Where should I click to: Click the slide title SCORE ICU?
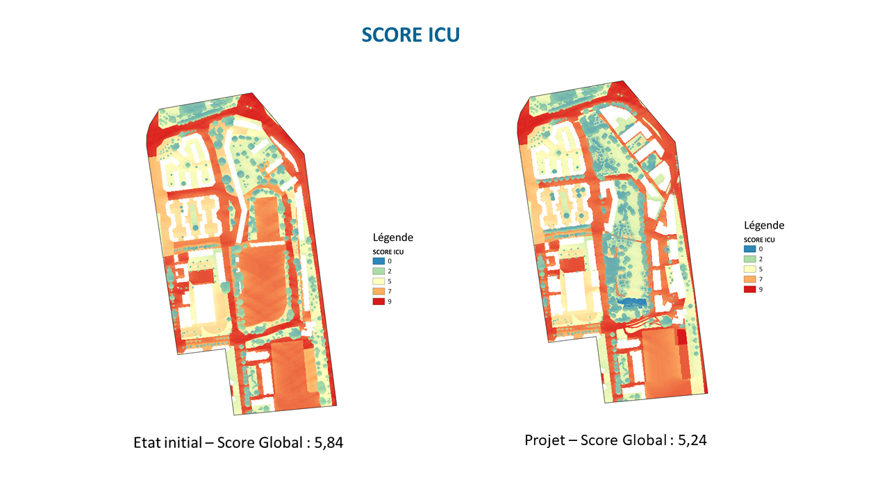pyautogui.click(x=410, y=35)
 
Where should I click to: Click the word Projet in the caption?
pyautogui.click(x=545, y=440)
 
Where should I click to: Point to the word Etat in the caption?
pyautogui.click(x=147, y=442)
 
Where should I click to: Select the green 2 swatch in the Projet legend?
pyautogui.click(x=750, y=258)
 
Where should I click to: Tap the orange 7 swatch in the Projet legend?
pyautogui.click(x=750, y=278)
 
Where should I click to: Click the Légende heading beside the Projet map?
pyautogui.click(x=764, y=225)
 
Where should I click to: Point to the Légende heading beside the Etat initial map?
pyautogui.click(x=393, y=237)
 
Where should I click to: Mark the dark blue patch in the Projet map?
pyautogui.click(x=631, y=303)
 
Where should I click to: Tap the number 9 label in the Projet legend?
pyautogui.click(x=761, y=289)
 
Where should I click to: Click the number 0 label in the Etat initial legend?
pyautogui.click(x=390, y=260)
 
